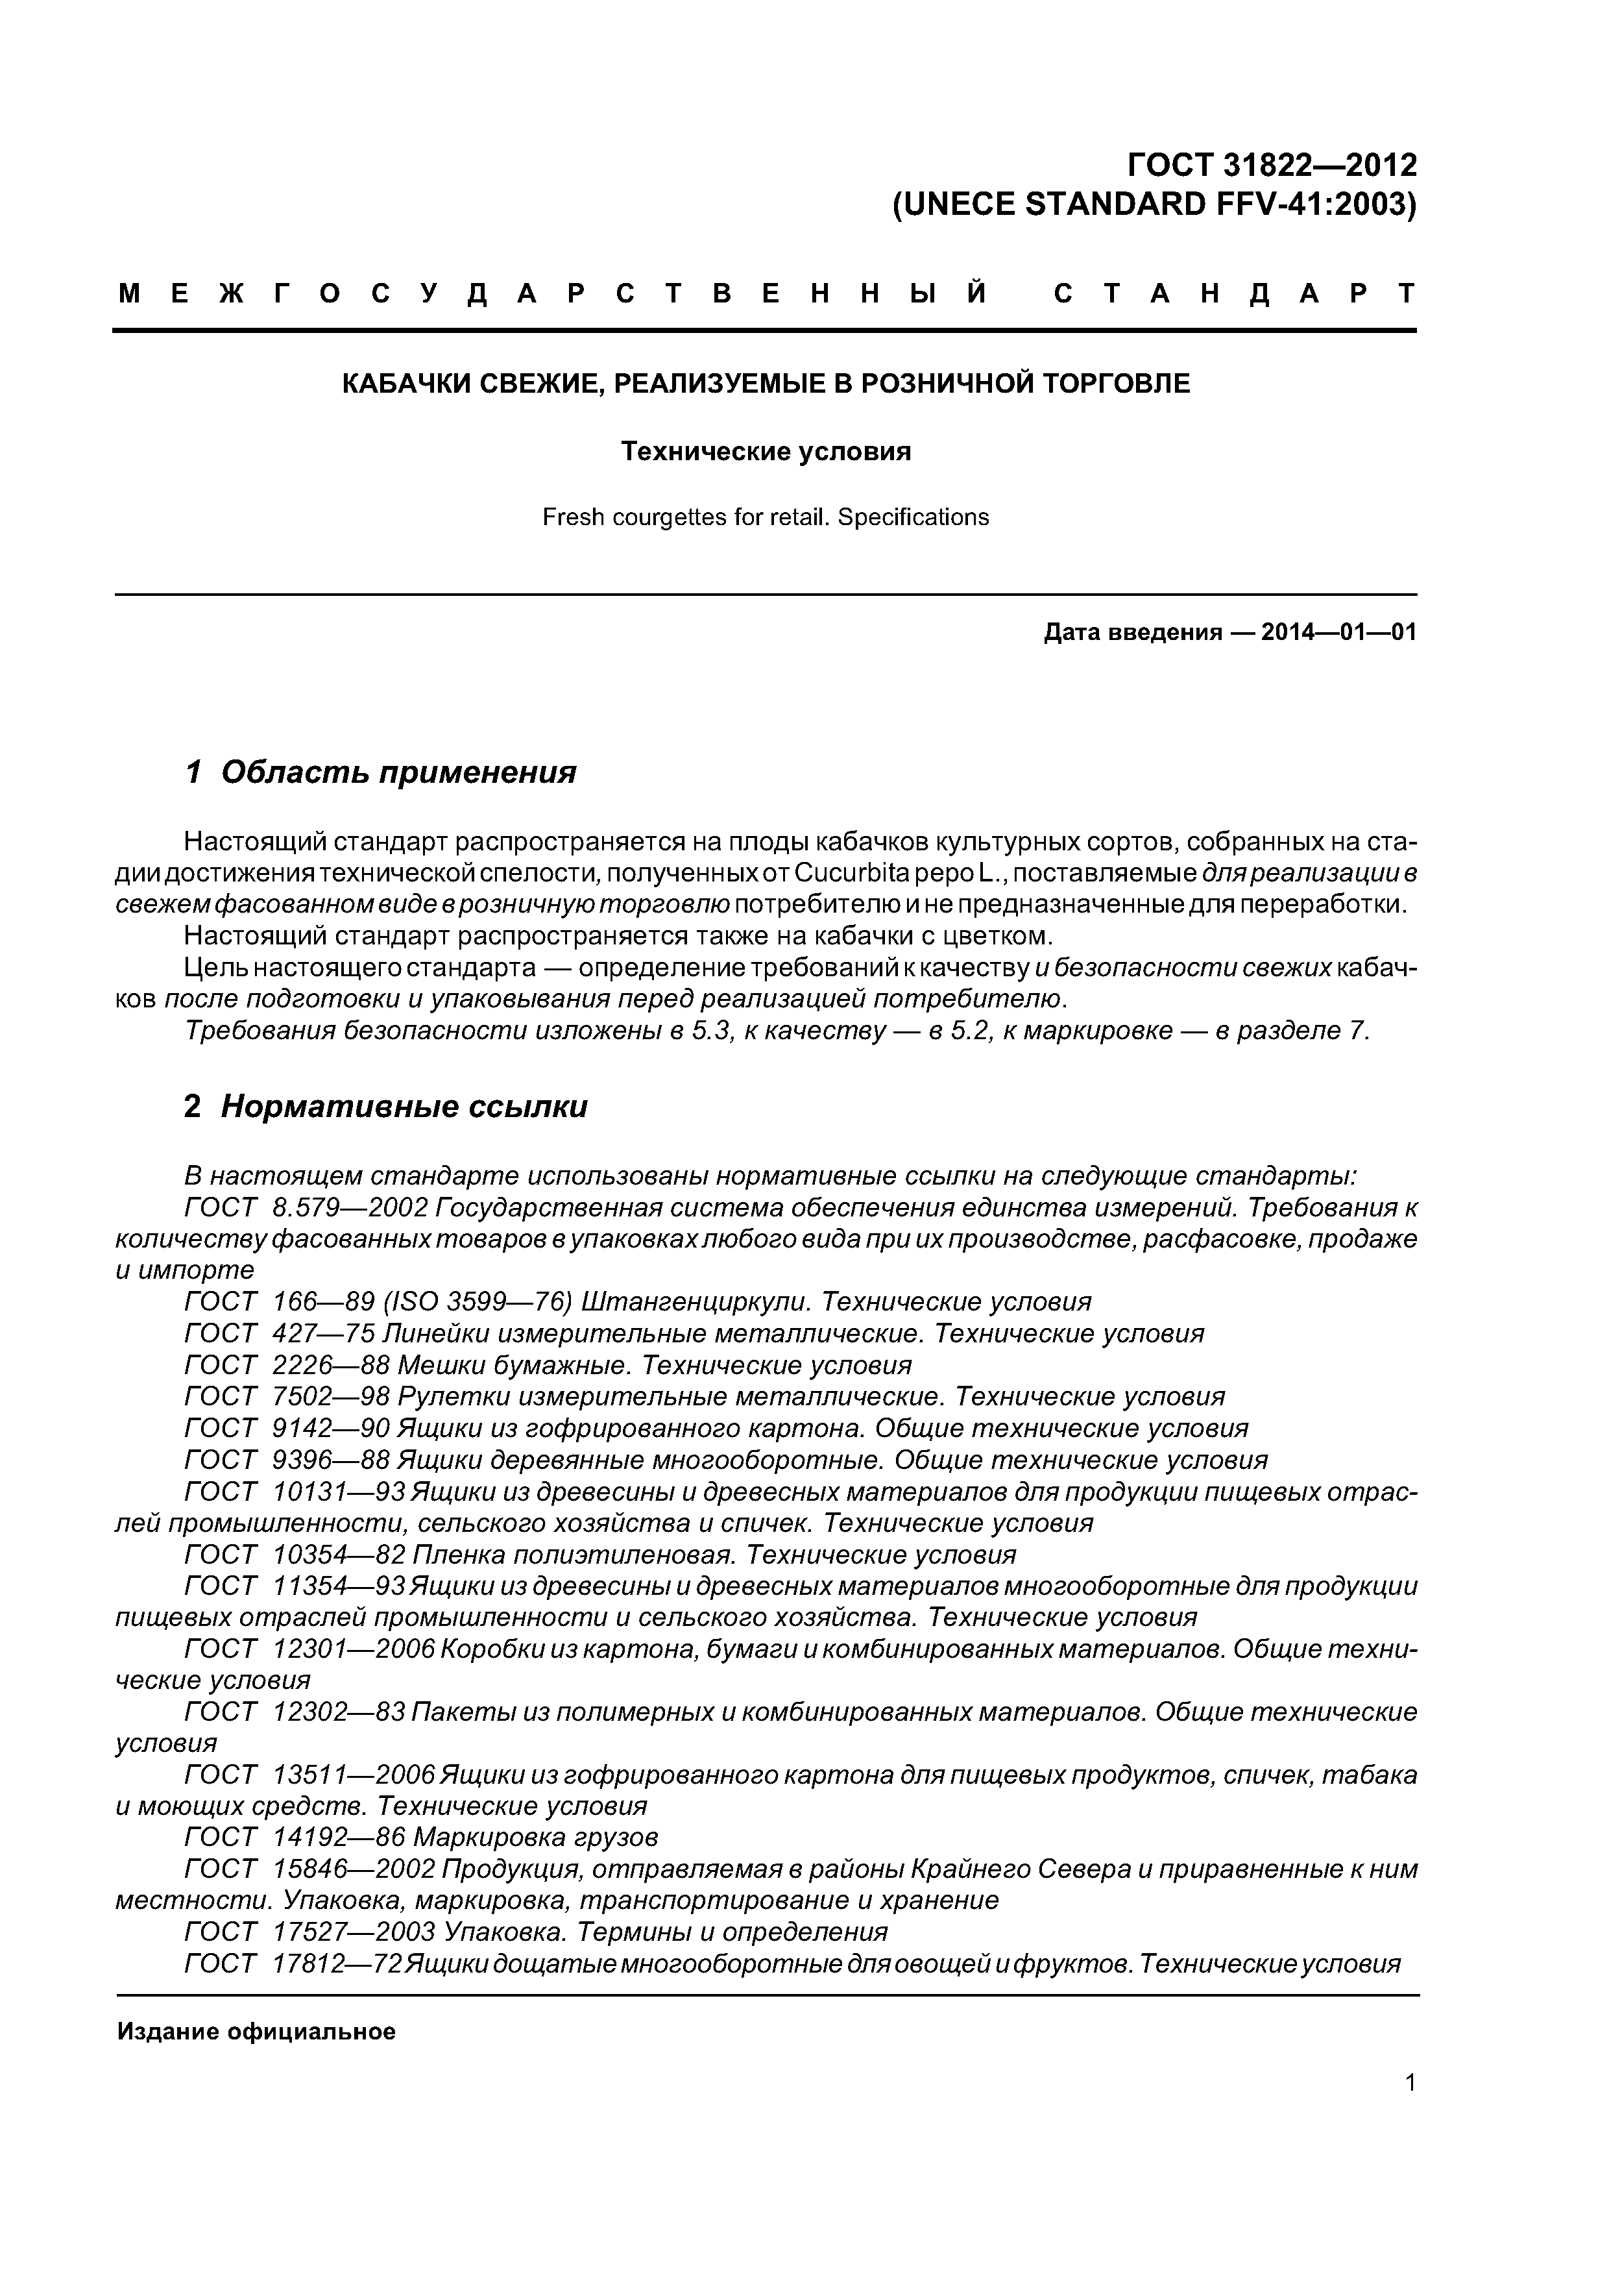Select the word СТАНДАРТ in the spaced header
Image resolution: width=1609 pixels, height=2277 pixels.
click(x=1234, y=293)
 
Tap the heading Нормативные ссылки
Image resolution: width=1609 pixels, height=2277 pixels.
click(x=404, y=1107)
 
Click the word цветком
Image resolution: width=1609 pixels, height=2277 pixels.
click(x=993, y=936)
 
